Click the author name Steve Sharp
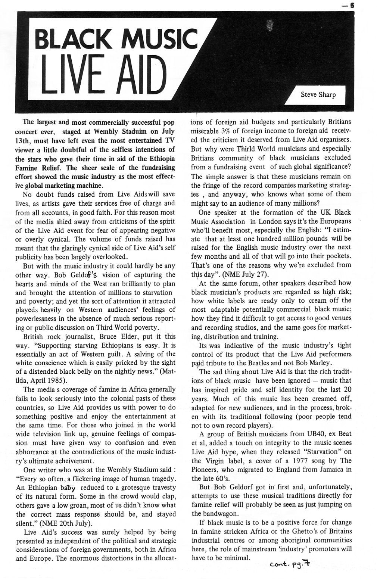click(x=318, y=94)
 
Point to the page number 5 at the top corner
click(x=351, y=5)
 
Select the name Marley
click(x=317, y=363)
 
